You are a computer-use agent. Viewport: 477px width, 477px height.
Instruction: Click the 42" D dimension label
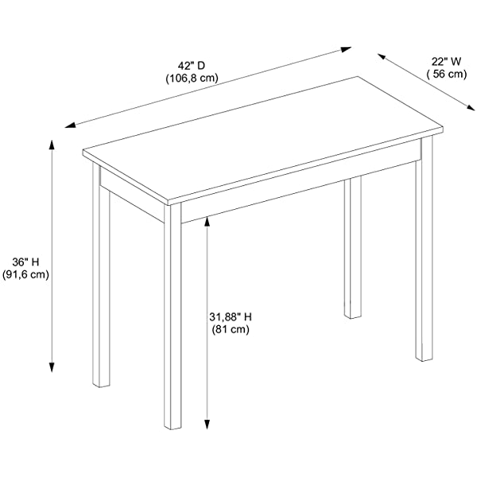[x=192, y=65]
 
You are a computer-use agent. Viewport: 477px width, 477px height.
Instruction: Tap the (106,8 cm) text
[x=192, y=79]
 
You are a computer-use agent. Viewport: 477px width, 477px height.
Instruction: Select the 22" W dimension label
[x=446, y=62]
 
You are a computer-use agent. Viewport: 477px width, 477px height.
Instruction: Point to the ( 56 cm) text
[x=446, y=74]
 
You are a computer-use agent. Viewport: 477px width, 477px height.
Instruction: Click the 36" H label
[x=25, y=262]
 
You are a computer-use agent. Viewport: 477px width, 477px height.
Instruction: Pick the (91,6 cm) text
[x=25, y=274]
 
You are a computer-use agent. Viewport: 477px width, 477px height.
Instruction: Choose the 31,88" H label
[x=231, y=317]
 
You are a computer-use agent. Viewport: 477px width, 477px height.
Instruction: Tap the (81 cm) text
[x=231, y=329]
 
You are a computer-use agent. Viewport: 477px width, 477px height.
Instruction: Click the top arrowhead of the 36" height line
[x=52, y=144]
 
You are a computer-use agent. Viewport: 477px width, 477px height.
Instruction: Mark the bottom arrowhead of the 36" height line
[x=52, y=367]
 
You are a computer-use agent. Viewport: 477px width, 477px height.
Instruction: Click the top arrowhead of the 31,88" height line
[x=207, y=222]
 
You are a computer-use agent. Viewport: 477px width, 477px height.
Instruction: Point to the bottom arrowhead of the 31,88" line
[x=207, y=424]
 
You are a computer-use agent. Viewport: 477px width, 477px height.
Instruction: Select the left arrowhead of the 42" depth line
[x=70, y=125]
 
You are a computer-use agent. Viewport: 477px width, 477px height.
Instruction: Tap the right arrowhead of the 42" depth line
[x=347, y=49]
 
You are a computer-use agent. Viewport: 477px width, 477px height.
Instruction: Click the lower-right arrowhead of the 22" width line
[x=471, y=107]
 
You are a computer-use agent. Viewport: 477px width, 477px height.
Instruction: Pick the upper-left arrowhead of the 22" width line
[x=382, y=56]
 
